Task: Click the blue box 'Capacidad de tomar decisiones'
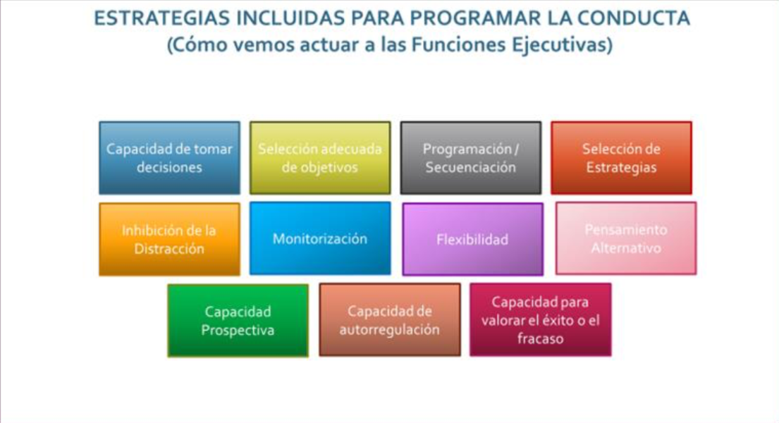point(169,158)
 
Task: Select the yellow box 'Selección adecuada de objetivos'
point(320,158)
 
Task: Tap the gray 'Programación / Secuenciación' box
point(470,158)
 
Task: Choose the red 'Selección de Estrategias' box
point(621,158)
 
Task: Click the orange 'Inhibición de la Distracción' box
point(169,239)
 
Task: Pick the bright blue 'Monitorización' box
point(320,238)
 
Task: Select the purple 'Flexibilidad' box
point(472,239)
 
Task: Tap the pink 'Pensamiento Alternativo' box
point(626,238)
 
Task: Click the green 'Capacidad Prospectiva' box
point(238,321)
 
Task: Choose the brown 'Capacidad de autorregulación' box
point(389,319)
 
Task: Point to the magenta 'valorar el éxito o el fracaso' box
point(541,319)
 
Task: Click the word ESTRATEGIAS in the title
point(162,18)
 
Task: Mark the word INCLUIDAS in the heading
point(290,18)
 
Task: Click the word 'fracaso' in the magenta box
point(541,339)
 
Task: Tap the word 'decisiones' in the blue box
point(169,168)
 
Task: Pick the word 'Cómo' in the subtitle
point(200,44)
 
